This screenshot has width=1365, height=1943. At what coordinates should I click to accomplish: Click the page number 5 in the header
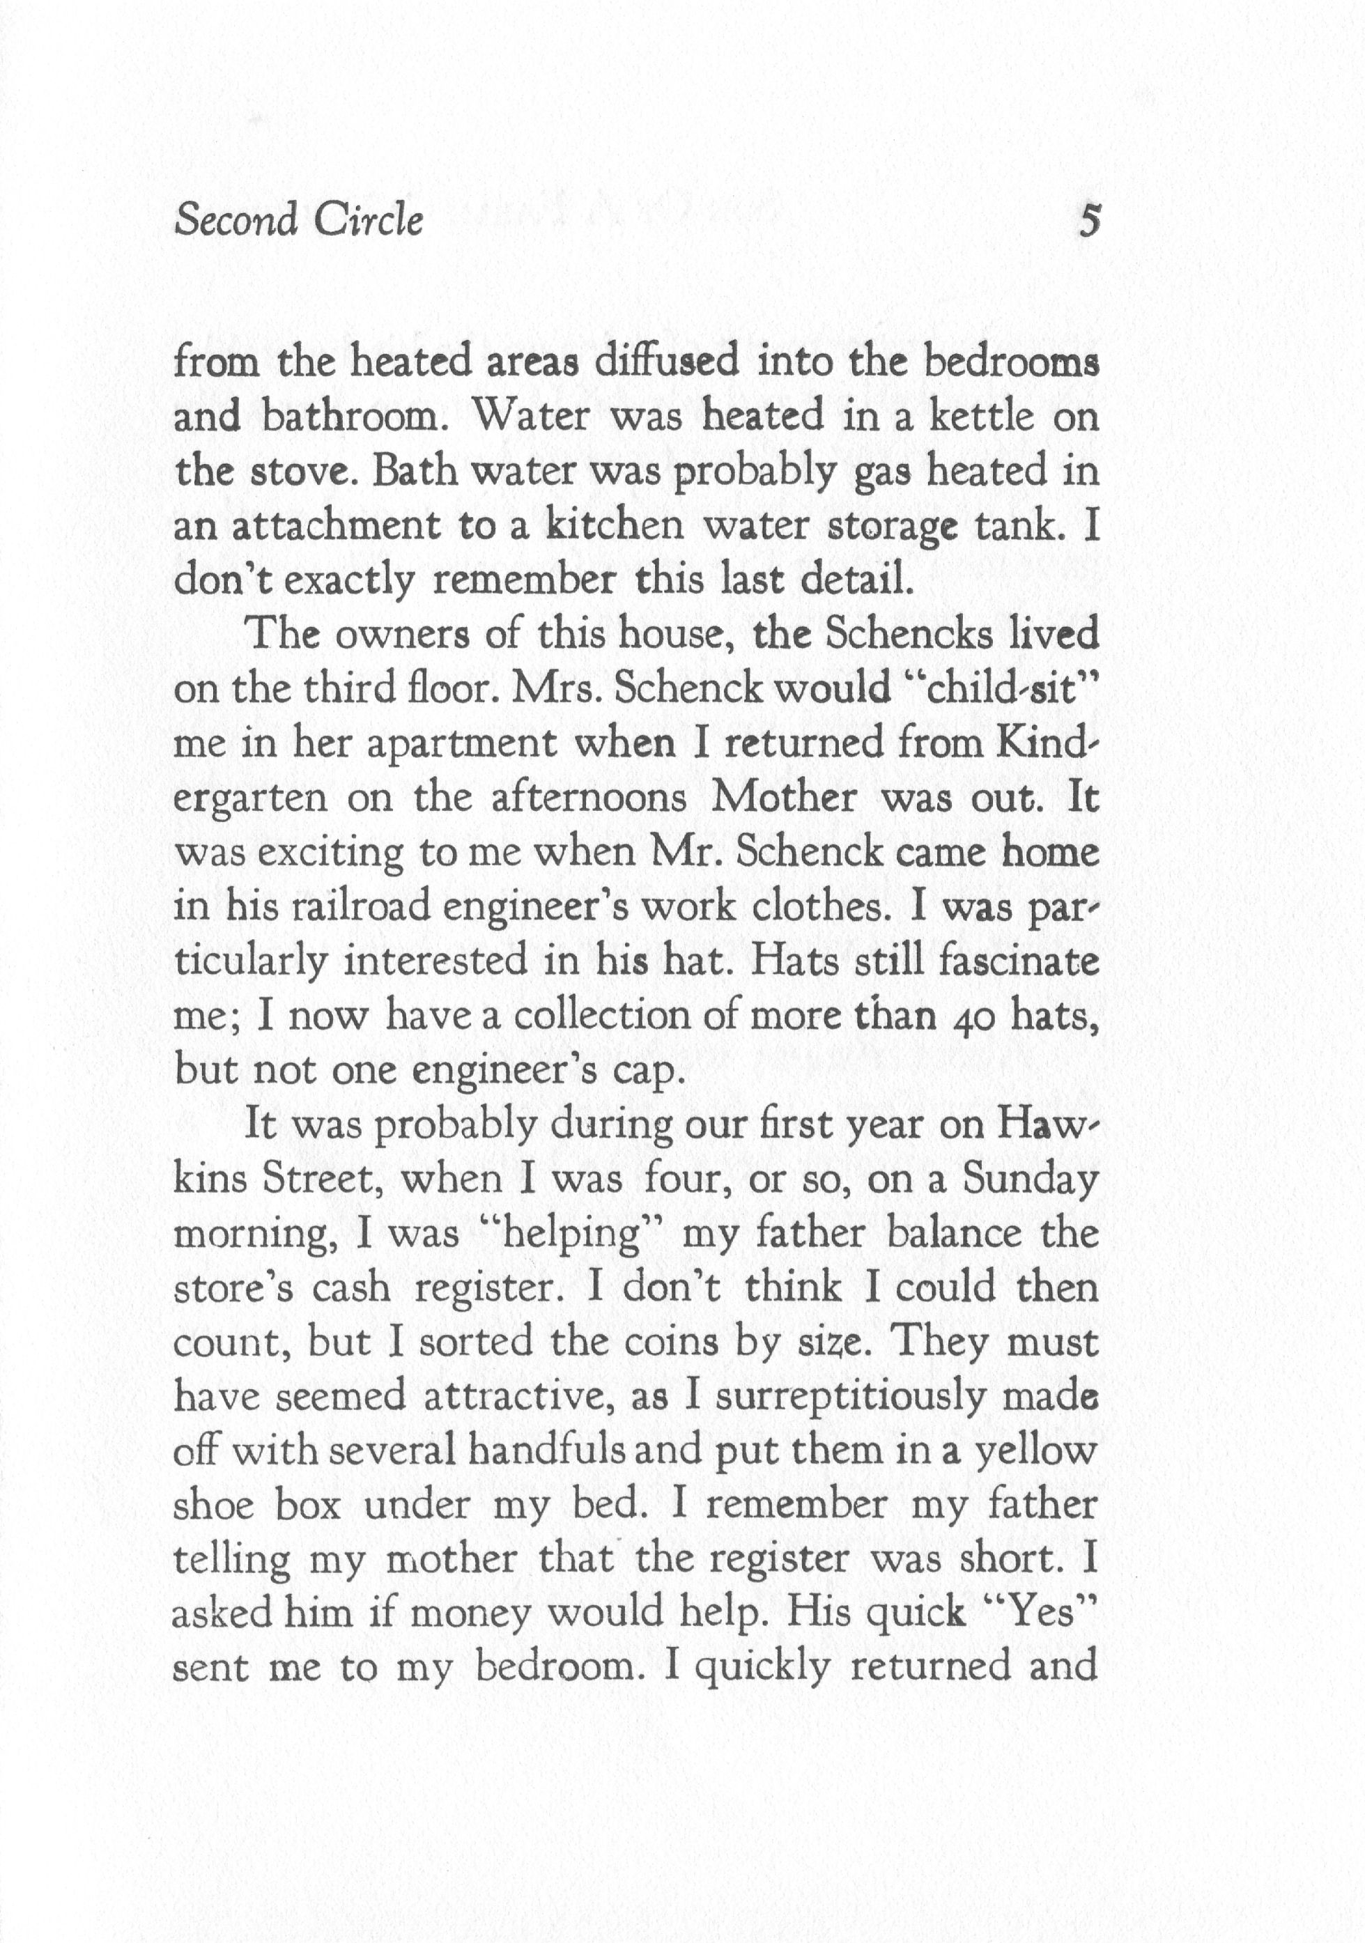click(x=1090, y=222)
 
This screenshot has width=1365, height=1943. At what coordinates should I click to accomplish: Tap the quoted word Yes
click(x=1042, y=1615)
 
